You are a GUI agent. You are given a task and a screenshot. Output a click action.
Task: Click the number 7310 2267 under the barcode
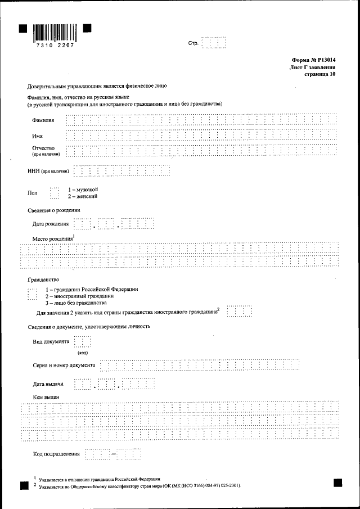55,46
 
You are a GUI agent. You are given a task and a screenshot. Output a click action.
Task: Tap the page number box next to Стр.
214,43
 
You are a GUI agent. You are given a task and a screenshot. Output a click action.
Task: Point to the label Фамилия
44,120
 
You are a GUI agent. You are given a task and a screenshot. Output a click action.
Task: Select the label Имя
38,136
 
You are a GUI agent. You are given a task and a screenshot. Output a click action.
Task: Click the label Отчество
43,148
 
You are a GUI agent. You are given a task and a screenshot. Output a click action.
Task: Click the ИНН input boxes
121,171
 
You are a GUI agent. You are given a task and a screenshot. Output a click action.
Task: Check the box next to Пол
54,193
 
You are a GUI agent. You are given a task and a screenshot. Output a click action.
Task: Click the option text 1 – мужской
83,190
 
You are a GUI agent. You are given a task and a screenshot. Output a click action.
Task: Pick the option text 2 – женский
83,197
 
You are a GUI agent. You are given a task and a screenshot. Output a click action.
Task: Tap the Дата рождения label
51,224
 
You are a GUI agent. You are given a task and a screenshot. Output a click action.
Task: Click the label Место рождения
53,239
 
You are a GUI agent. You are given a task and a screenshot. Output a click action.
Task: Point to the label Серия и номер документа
64,366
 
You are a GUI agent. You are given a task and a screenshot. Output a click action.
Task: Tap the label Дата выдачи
48,384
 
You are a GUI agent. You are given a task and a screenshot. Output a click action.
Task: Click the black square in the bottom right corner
337,483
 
